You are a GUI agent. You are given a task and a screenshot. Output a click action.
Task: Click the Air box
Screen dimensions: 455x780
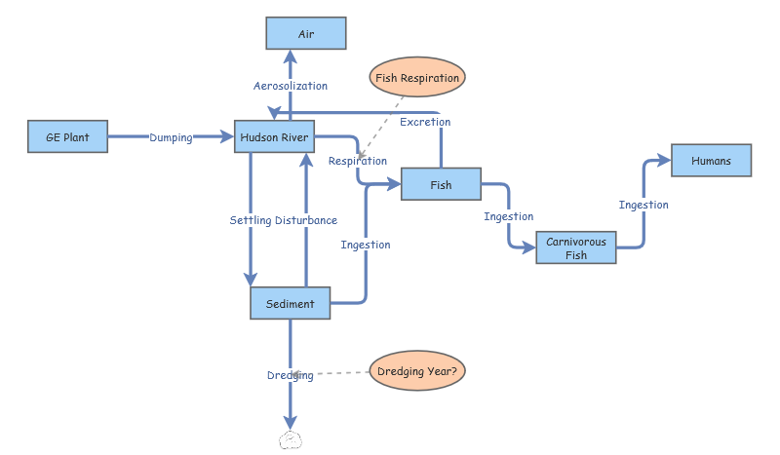pos(306,33)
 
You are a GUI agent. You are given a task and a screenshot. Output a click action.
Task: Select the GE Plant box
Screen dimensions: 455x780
pos(67,137)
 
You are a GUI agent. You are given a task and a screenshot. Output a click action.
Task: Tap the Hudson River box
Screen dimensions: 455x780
pos(274,137)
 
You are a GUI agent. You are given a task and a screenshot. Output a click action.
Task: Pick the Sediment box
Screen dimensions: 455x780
pos(291,303)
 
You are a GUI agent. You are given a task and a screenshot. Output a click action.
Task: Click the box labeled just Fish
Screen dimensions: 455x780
pos(441,183)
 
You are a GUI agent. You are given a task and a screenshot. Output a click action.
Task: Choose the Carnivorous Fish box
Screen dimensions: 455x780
pos(575,247)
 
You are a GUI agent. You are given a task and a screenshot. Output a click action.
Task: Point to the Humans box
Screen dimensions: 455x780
pos(711,161)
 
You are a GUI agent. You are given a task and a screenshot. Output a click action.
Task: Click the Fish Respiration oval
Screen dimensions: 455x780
pos(416,77)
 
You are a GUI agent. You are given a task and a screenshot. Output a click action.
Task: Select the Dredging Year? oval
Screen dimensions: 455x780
pos(416,370)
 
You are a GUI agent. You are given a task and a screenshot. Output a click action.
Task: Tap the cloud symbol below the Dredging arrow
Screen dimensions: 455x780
pos(290,439)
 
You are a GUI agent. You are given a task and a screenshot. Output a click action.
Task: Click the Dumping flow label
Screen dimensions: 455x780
pos(171,138)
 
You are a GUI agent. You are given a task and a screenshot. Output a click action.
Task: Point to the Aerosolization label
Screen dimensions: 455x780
pos(291,86)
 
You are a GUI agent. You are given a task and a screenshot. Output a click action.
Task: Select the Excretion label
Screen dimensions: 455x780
pos(425,122)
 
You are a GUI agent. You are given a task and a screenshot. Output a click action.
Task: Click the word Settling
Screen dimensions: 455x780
pos(251,220)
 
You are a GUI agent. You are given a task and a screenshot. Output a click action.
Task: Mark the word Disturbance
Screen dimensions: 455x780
pos(306,220)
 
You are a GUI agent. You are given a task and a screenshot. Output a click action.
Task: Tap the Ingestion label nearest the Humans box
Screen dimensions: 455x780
pos(643,205)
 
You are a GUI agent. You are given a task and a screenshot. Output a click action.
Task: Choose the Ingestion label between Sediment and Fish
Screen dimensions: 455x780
pos(366,245)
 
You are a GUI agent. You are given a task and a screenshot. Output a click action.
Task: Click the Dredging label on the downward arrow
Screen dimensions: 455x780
pos(291,375)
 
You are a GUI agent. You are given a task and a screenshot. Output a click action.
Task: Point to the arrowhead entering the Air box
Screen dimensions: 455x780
pos(291,56)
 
